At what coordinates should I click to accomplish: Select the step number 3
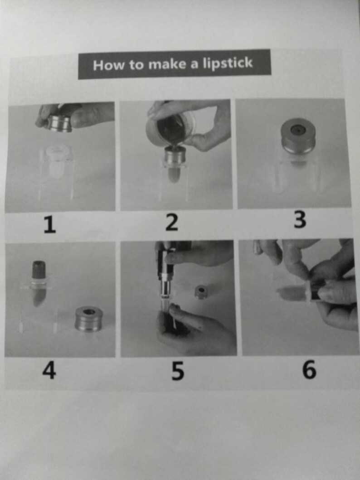click(300, 220)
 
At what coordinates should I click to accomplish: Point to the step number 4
click(49, 371)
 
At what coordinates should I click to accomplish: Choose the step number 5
click(177, 371)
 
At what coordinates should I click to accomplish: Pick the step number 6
click(309, 370)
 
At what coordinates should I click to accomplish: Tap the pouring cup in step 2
click(170, 129)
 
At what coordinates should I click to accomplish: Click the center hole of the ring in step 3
click(297, 130)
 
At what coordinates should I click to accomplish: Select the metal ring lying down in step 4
click(88, 318)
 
